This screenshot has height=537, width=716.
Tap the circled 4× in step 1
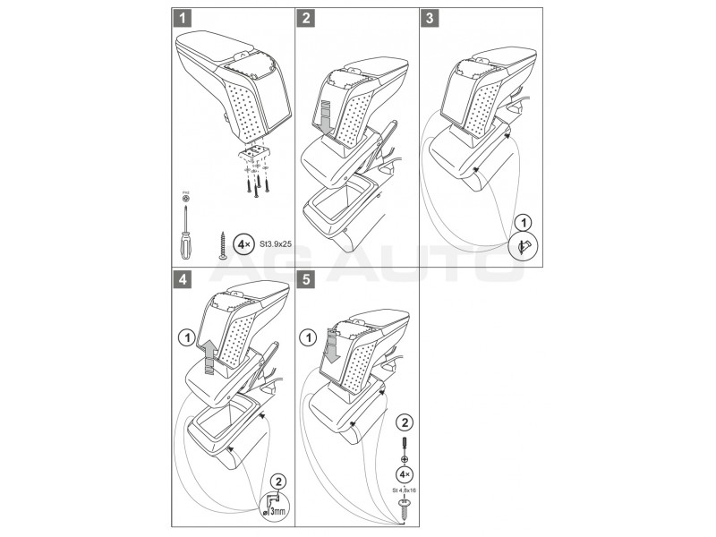(x=242, y=242)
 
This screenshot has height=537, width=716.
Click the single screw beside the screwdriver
(x=217, y=243)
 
